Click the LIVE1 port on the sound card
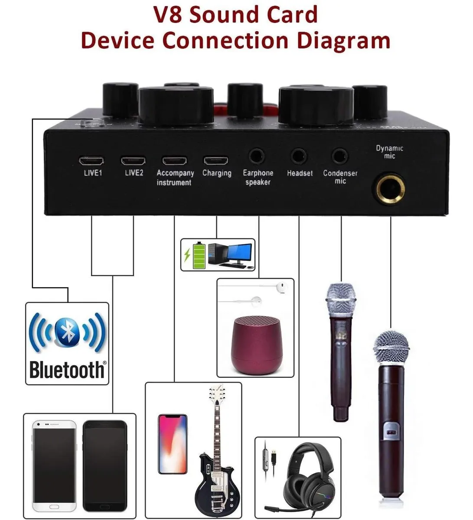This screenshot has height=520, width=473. (91, 161)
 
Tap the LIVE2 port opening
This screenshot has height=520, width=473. (133, 161)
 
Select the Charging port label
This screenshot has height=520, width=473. (217, 173)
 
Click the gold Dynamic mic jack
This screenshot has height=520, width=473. (390, 189)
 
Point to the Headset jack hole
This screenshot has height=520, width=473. (299, 156)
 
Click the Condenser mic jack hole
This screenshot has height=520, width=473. (340, 156)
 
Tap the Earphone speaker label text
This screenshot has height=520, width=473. (258, 178)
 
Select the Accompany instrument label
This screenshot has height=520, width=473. (175, 178)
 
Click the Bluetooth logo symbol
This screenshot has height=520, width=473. (67, 333)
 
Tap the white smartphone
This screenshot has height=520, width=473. (54, 466)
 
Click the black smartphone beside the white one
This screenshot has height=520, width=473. (105, 466)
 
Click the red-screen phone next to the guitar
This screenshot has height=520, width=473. (173, 444)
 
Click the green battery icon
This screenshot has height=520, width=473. (199, 256)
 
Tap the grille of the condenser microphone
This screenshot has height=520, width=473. (341, 299)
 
